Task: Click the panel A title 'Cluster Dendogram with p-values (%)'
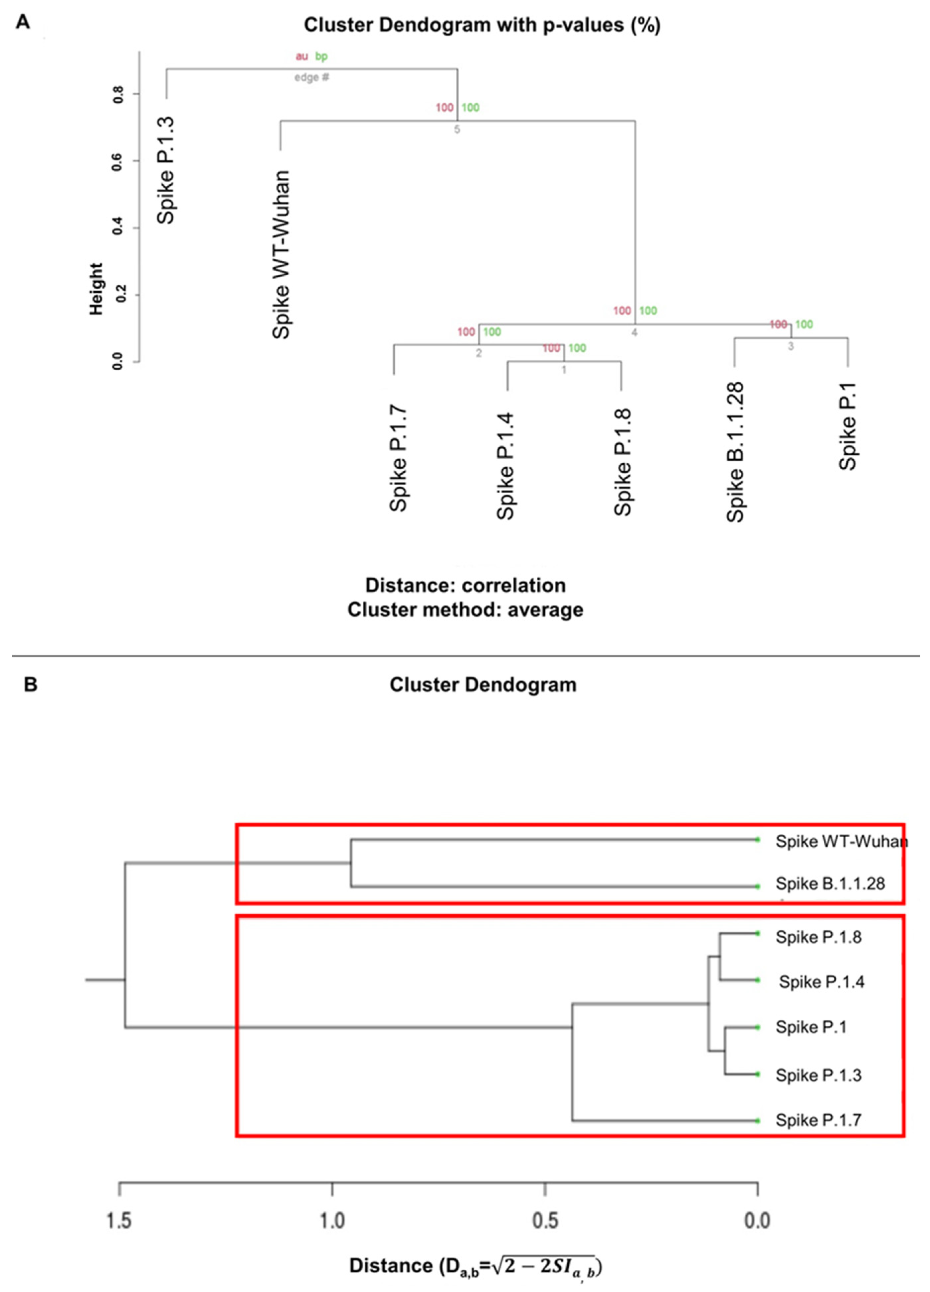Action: pyautogui.click(x=482, y=25)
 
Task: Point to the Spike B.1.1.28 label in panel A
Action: pyautogui.click(x=735, y=452)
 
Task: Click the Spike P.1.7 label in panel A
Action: pyautogui.click(x=398, y=459)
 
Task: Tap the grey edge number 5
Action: pyautogui.click(x=456, y=129)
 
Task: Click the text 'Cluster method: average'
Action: pyautogui.click(x=465, y=609)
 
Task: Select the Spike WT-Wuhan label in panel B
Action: pyautogui.click(x=841, y=841)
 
